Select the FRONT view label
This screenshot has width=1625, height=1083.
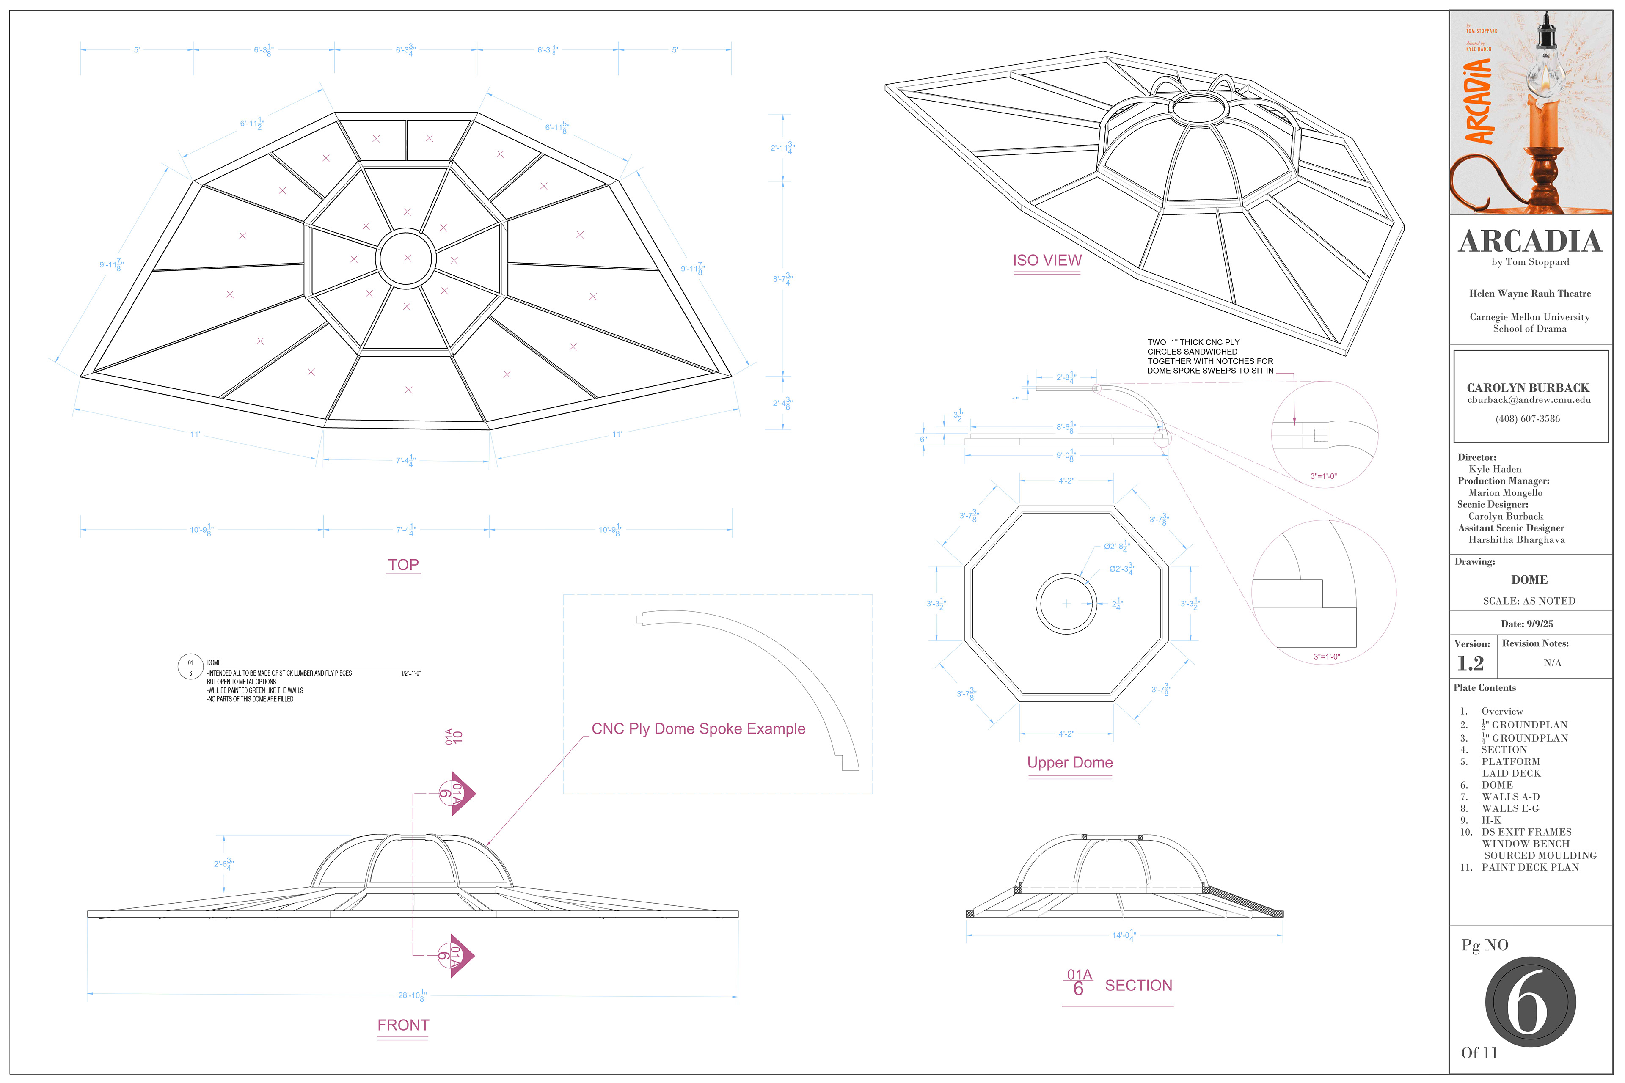(403, 1025)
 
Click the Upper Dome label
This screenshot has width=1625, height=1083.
(1069, 762)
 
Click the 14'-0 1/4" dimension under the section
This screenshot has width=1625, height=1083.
(1123, 936)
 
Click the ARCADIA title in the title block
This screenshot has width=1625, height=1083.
(1530, 242)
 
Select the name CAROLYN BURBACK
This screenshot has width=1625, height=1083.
(1528, 388)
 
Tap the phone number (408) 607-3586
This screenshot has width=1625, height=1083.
(1528, 418)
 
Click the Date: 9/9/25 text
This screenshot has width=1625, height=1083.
(1527, 624)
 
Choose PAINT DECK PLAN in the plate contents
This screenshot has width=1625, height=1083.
(1530, 868)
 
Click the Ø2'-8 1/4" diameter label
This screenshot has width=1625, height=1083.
(1116, 546)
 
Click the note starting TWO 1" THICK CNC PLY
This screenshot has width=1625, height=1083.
(1210, 356)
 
